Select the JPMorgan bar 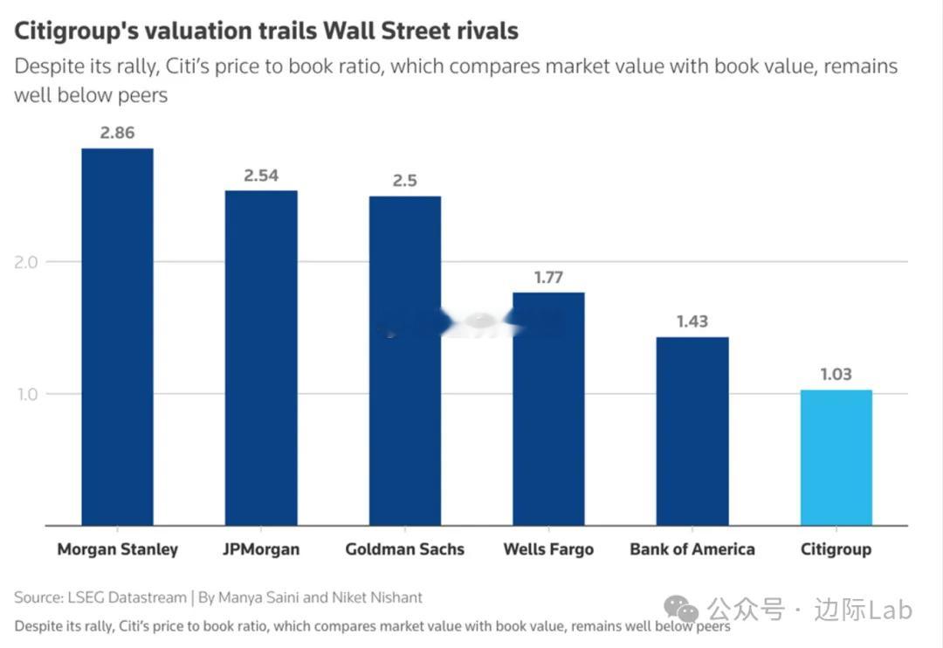click(x=261, y=358)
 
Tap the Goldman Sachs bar click(x=404, y=361)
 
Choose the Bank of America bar click(x=692, y=431)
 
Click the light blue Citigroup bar click(x=836, y=458)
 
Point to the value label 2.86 click(x=117, y=134)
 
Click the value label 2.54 click(x=261, y=176)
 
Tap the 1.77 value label click(x=548, y=278)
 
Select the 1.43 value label click(x=692, y=321)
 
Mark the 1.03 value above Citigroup click(x=836, y=374)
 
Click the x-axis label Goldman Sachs click(x=404, y=549)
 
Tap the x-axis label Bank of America click(x=692, y=549)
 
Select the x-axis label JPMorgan click(x=261, y=549)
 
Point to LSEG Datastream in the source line click(x=123, y=597)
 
